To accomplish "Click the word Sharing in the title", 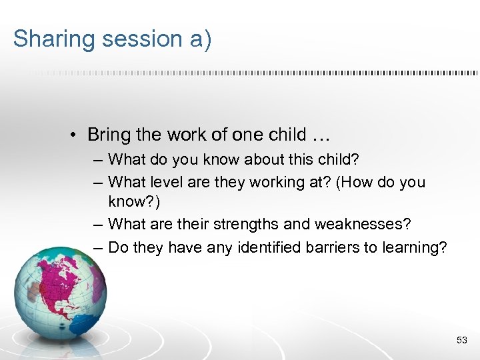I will [53, 39].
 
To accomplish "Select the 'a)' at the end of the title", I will [199, 39].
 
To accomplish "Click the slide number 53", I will [461, 341].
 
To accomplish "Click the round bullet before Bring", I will [77, 135].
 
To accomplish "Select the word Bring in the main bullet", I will [109, 135].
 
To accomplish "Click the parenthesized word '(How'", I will [353, 182].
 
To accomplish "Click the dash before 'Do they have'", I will [99, 247].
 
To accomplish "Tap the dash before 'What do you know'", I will [99, 160].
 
